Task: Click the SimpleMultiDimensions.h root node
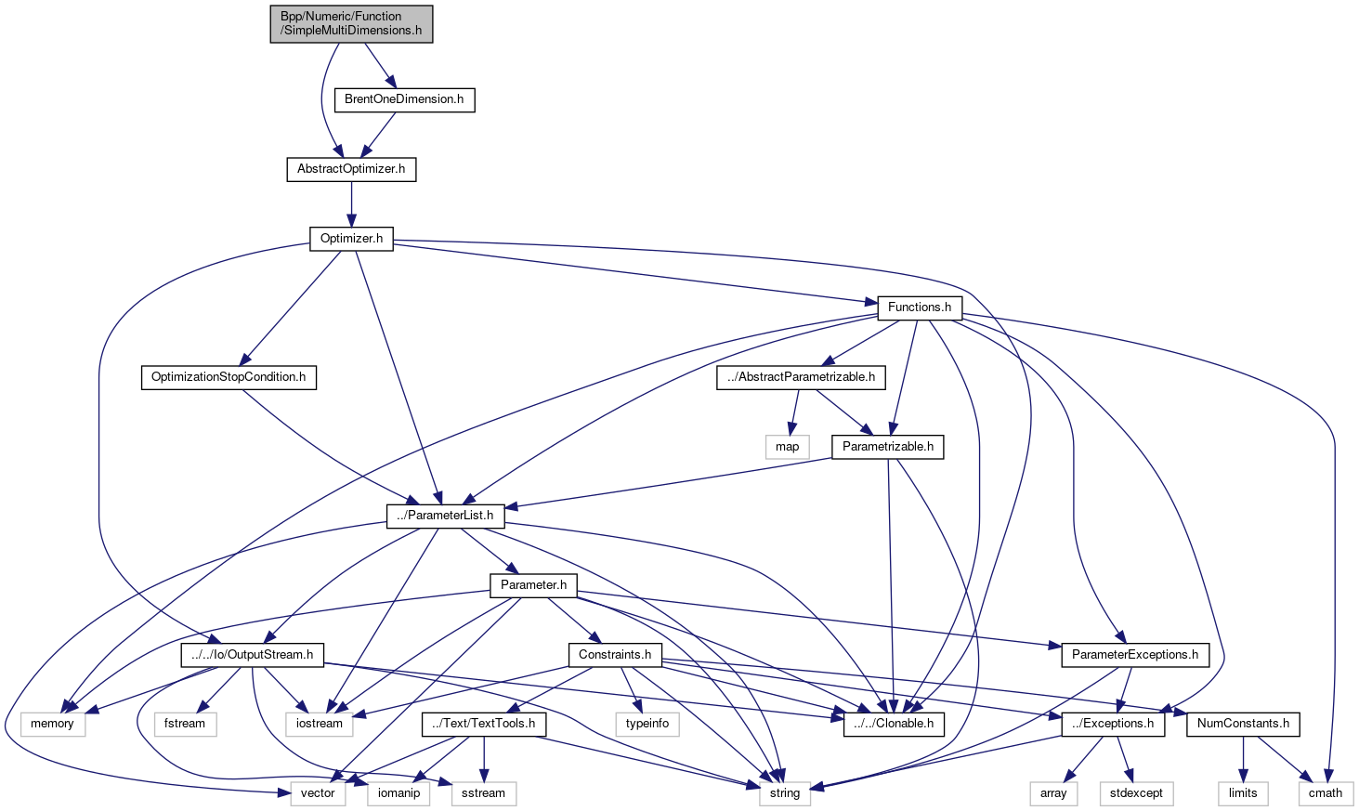point(351,23)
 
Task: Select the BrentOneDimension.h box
point(404,99)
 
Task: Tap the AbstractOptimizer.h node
point(351,169)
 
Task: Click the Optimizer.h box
point(351,239)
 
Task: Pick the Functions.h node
point(919,307)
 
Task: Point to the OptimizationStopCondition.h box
point(229,377)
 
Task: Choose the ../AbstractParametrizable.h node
point(801,377)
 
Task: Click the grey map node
point(787,447)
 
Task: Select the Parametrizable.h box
point(887,447)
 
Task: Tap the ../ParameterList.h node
point(446,516)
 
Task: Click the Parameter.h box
point(533,585)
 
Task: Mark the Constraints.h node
point(615,655)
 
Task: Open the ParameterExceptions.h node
point(1135,655)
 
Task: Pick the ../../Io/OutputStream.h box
point(252,655)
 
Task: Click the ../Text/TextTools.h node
point(484,724)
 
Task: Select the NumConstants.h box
point(1243,724)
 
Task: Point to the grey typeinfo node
point(647,724)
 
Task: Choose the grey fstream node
point(185,724)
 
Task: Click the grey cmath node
point(1326,793)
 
